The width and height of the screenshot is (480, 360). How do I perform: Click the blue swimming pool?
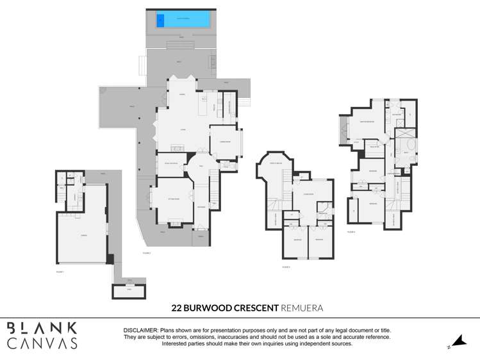(183, 20)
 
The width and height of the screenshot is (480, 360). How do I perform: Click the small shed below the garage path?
(129, 291)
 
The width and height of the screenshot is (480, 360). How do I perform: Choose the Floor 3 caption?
(285, 266)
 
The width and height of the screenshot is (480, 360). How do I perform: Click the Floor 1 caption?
(60, 272)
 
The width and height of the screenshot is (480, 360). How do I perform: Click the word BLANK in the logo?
(42, 328)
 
